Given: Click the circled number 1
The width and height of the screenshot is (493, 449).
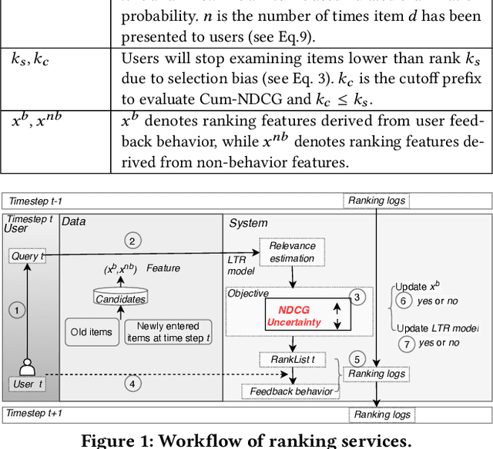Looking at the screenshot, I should (15, 309).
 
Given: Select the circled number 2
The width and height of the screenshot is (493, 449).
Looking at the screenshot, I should (132, 241).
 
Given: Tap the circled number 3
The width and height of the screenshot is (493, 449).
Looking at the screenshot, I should (356, 297).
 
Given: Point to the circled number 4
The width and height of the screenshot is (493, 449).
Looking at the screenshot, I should (132, 382).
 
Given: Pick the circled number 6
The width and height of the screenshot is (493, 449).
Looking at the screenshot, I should (402, 301).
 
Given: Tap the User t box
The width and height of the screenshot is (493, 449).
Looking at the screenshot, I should (29, 383).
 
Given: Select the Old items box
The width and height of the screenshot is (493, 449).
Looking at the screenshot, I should (91, 332).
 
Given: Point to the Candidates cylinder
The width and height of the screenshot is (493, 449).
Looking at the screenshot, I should (119, 297).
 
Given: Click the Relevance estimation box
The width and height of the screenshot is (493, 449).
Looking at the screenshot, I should (292, 252).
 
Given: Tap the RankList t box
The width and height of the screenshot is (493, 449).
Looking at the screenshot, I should (287, 359).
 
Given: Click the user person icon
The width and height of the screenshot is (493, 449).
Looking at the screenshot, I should (29, 364).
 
